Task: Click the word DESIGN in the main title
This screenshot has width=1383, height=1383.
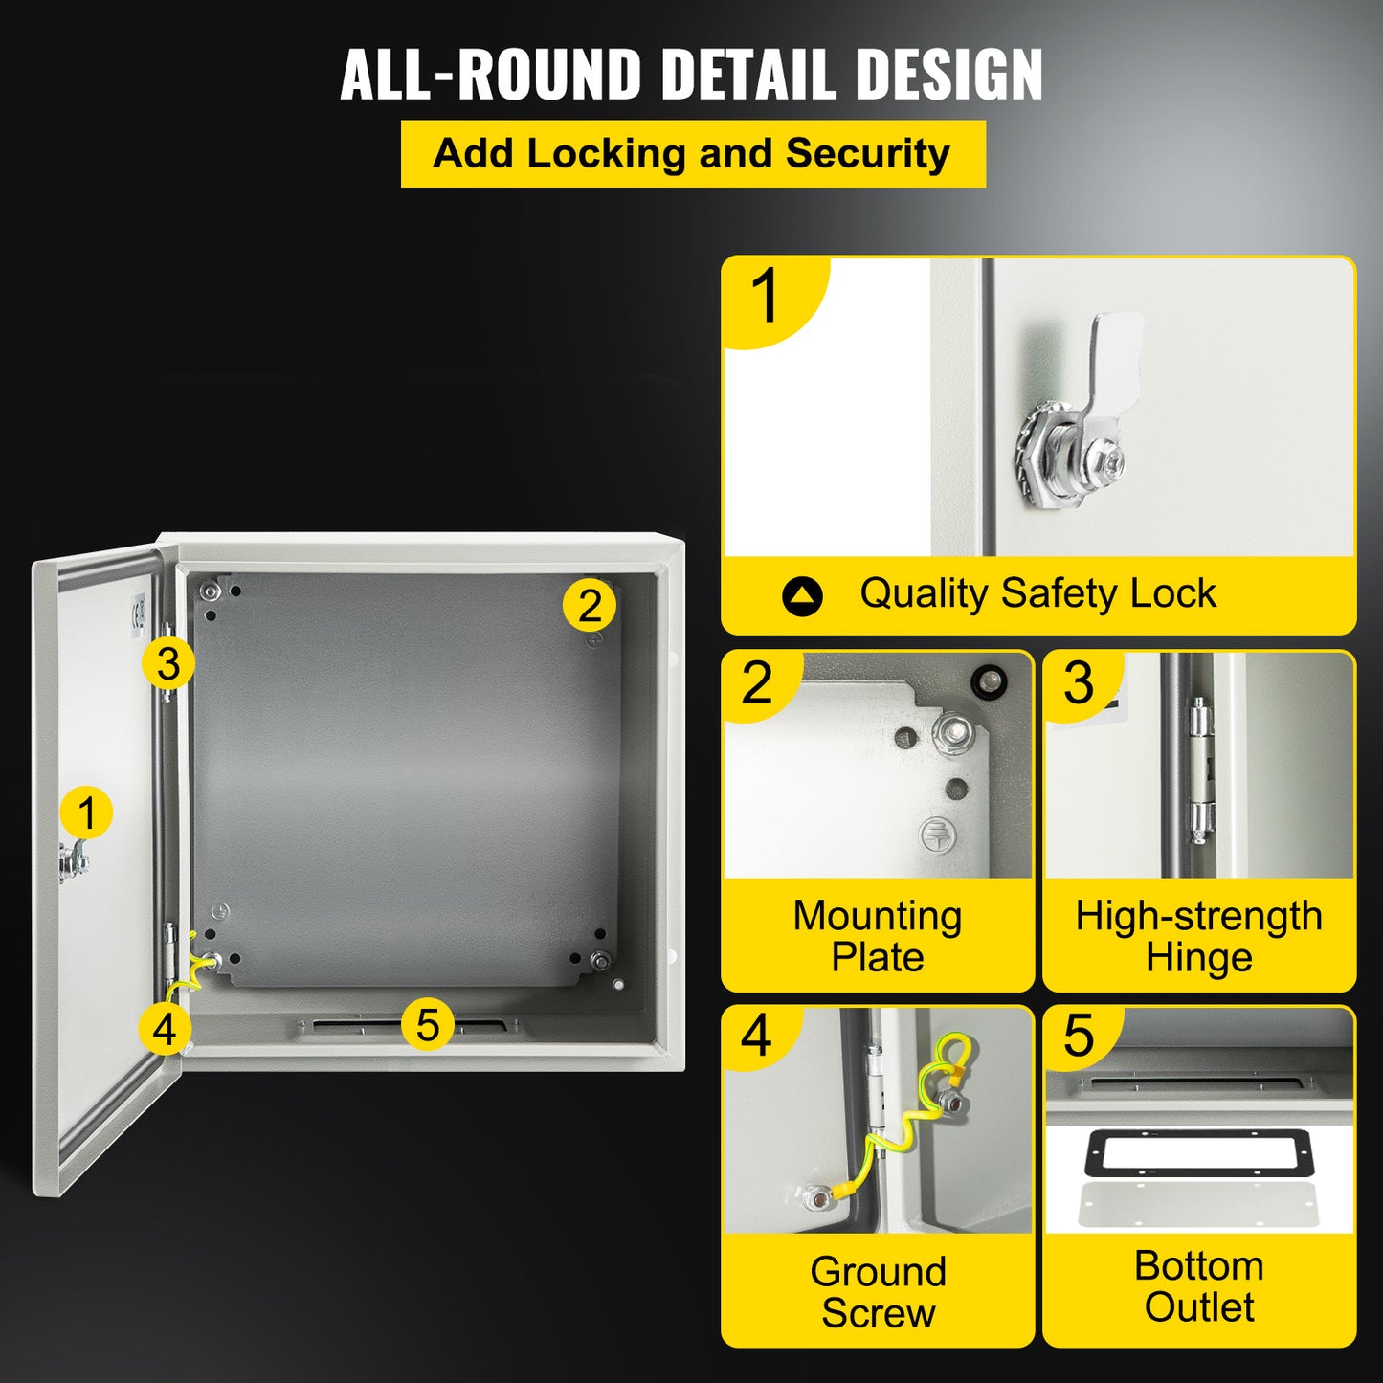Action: point(948,75)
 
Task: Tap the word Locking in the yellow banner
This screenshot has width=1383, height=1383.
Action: point(606,153)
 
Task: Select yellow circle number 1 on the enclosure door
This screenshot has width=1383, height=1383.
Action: point(86,814)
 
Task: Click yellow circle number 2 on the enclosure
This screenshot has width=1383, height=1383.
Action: point(590,605)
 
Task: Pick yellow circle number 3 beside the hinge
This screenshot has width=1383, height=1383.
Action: point(168,662)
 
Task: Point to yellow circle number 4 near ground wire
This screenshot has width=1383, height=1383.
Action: point(165,1029)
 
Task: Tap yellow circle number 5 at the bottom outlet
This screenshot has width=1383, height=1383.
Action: point(427,1024)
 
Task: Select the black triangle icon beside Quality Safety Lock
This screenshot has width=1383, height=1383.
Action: point(802,596)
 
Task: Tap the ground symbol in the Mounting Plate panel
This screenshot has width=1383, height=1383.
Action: point(938,835)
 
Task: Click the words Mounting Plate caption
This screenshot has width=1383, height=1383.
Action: point(877,936)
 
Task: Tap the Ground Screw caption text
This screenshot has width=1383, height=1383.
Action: point(877,1291)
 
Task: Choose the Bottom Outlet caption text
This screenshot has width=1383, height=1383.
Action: point(1199,1285)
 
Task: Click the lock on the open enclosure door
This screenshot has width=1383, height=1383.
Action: point(73,861)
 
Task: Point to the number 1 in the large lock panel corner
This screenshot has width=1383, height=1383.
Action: point(767,296)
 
